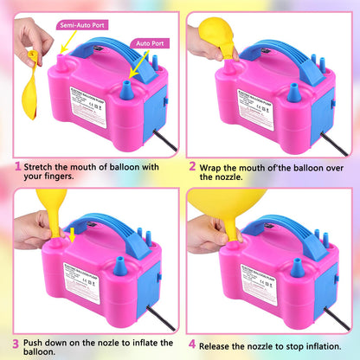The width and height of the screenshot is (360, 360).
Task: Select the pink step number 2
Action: [191, 165]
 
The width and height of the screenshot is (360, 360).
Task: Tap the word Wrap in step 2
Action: [213, 165]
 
